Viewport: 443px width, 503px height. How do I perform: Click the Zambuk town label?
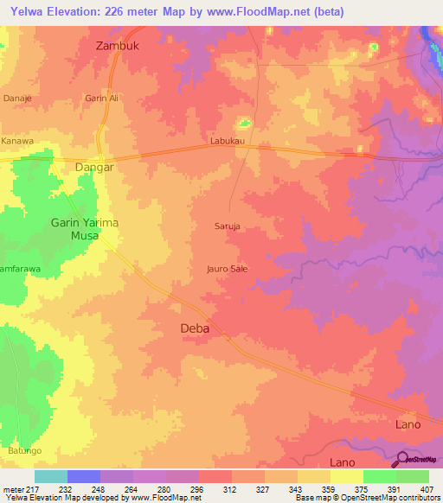point(117,47)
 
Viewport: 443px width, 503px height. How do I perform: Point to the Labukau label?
point(228,139)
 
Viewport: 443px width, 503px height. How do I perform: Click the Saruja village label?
point(228,226)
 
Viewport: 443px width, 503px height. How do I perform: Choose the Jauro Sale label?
point(228,269)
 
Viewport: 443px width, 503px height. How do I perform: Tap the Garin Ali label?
point(101,99)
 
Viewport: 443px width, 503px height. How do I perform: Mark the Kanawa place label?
point(17,141)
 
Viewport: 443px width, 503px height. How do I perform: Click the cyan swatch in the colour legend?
point(51,476)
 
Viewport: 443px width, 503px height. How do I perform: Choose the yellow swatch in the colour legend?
point(346,476)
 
